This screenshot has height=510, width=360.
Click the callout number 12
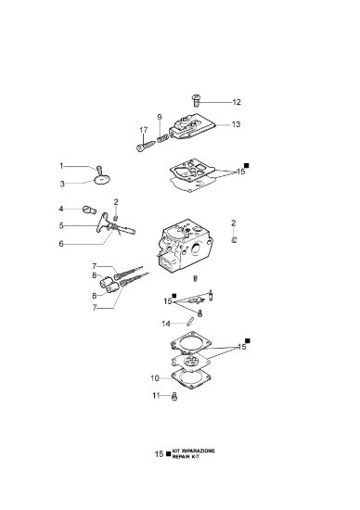237,102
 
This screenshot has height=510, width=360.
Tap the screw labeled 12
196,100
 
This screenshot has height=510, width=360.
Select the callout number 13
236,124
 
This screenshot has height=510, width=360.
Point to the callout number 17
143,130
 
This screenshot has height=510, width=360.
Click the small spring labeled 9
162,138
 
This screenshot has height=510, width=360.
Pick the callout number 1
61,166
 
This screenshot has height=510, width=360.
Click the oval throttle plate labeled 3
102,180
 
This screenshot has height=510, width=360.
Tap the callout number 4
61,209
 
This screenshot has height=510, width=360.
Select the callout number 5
61,225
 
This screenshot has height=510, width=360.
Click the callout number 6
61,244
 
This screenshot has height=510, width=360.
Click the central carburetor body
185,247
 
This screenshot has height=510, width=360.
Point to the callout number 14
166,324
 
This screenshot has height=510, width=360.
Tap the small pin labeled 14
190,321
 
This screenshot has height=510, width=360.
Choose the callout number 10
155,378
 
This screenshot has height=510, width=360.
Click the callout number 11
156,396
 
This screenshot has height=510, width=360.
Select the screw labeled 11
174,397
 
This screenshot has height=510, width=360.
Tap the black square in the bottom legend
168,453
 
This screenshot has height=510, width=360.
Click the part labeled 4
89,210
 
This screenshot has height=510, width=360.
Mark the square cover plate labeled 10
191,379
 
